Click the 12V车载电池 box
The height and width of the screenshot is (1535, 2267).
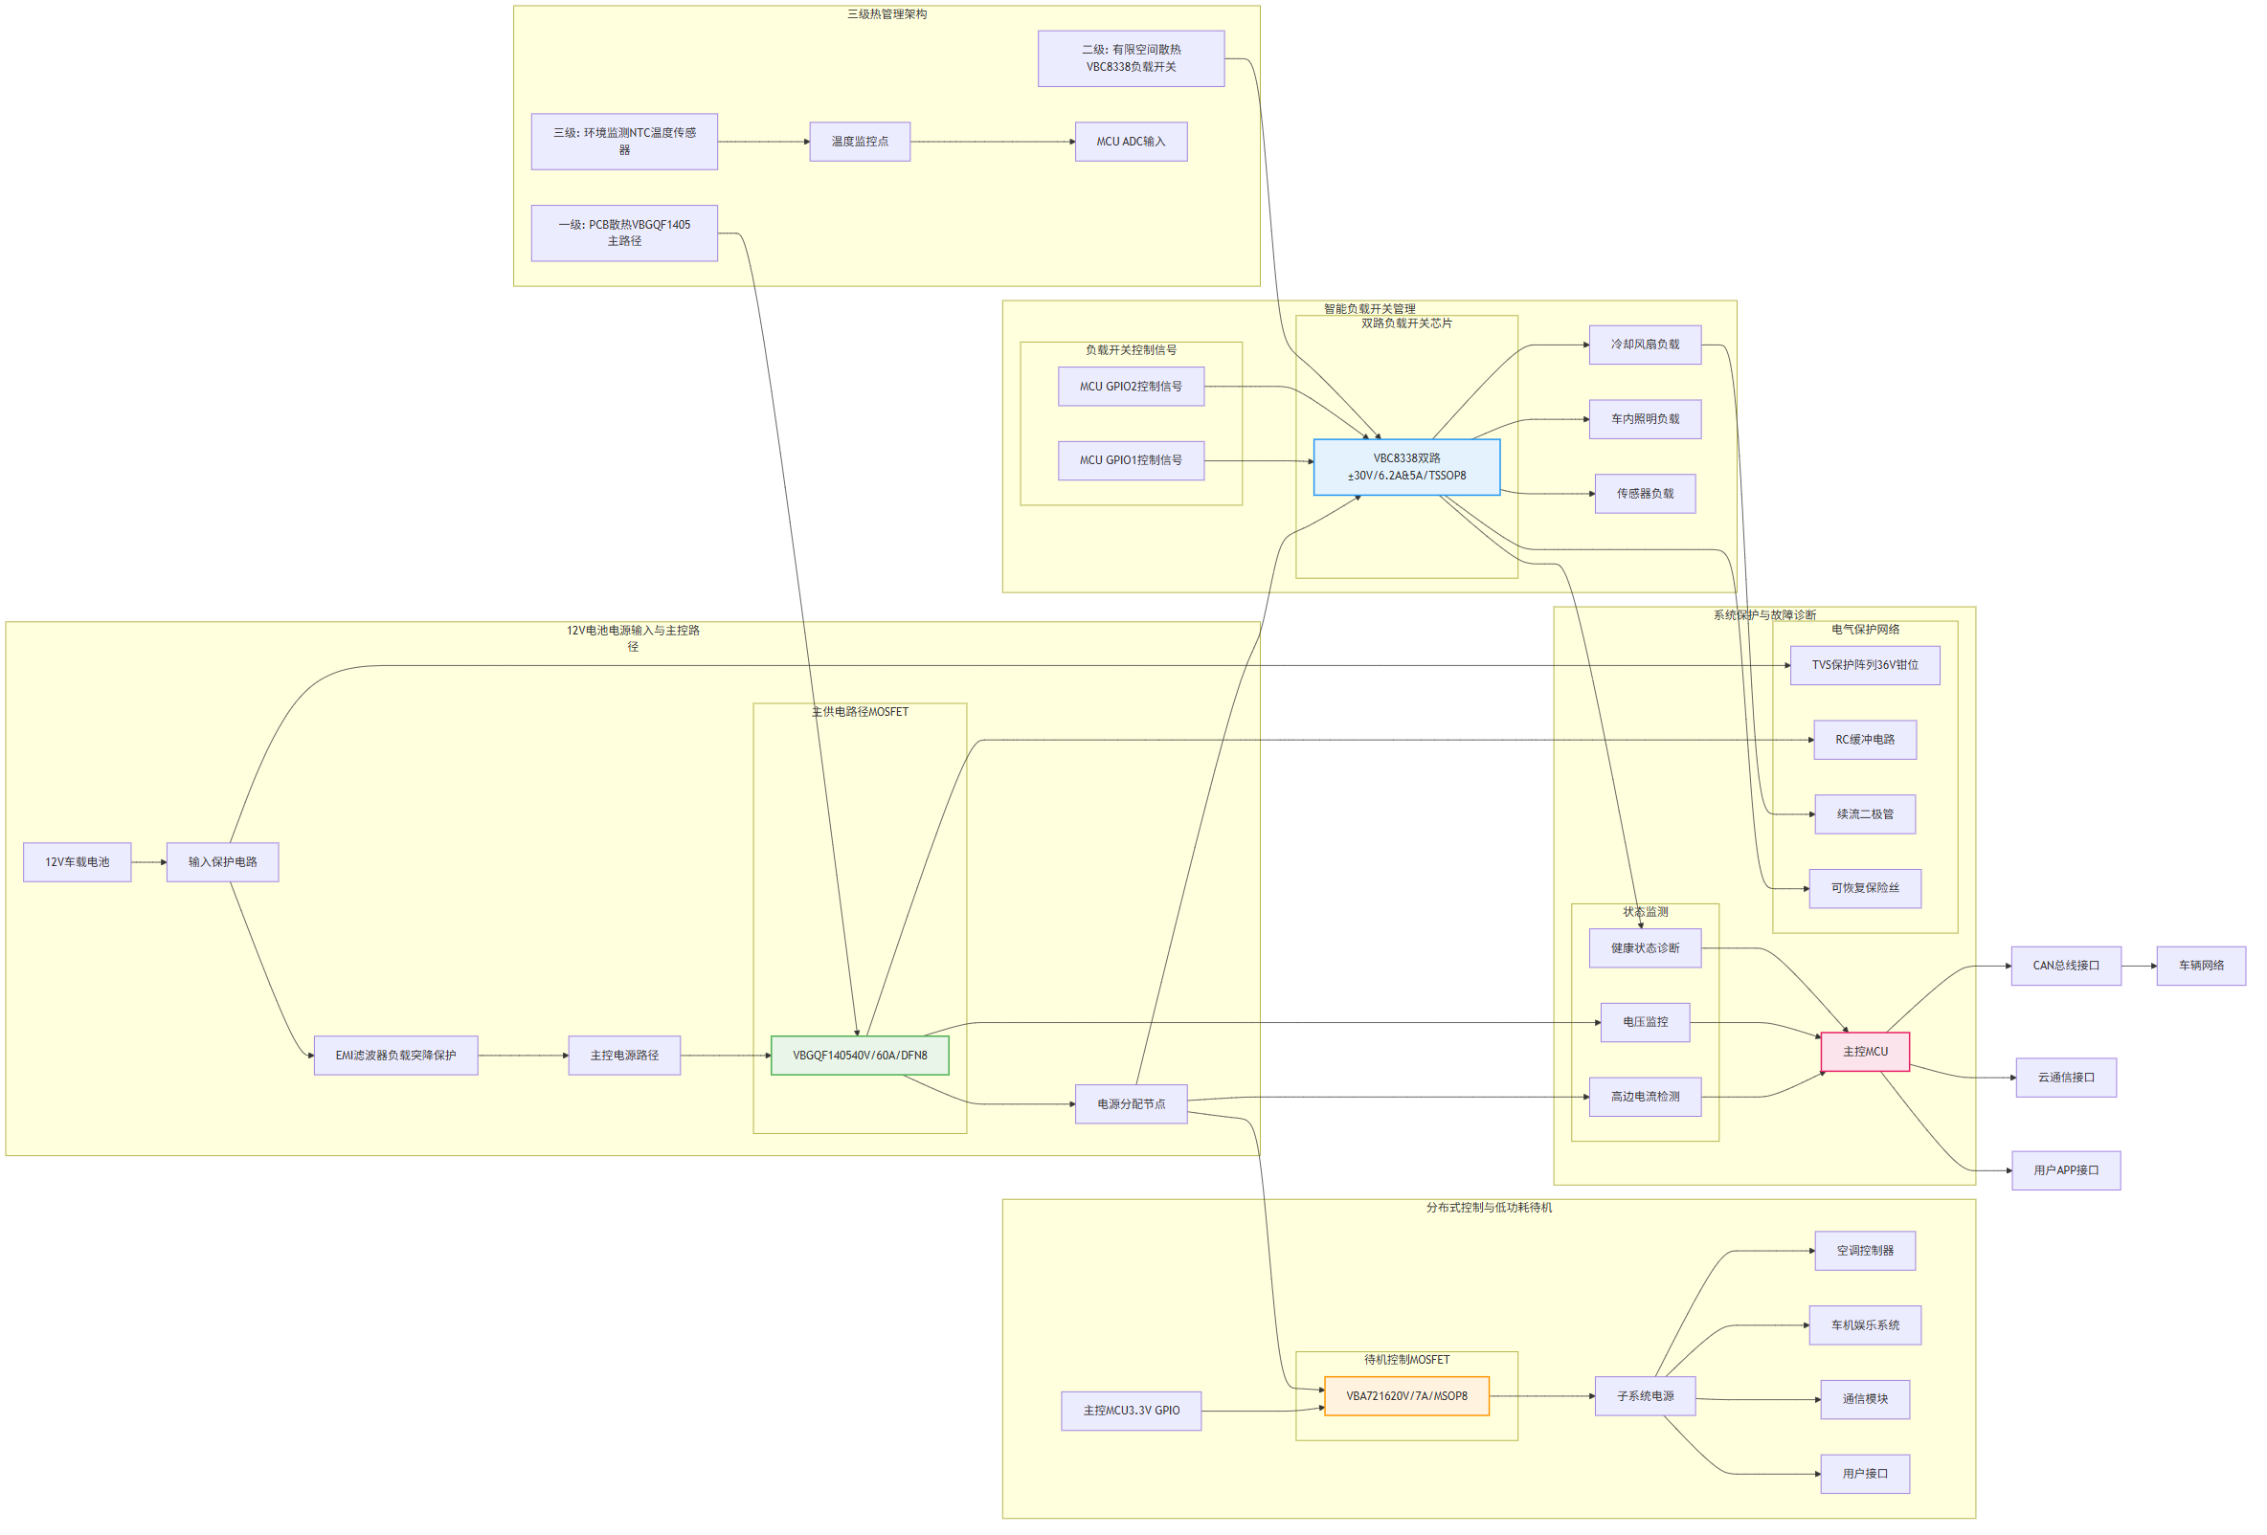click(x=77, y=862)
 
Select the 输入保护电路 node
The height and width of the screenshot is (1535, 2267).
click(x=222, y=862)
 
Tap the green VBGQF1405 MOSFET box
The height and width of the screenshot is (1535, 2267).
click(x=860, y=1056)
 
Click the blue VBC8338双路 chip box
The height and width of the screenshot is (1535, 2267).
click(x=1405, y=467)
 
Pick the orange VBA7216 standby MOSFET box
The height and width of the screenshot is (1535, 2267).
click(x=1405, y=1395)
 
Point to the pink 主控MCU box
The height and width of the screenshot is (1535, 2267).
click(x=1864, y=1052)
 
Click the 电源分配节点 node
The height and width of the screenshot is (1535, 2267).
click(x=1131, y=1104)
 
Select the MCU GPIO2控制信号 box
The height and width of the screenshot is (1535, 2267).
click(x=1131, y=387)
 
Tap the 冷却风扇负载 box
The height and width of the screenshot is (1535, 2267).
click(x=1645, y=345)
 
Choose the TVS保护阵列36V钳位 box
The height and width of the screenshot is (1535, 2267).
click(x=1864, y=665)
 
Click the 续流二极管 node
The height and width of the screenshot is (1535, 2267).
click(x=1864, y=814)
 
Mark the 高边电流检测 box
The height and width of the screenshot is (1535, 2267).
click(x=1645, y=1096)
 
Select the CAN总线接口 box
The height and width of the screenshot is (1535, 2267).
click(x=2065, y=966)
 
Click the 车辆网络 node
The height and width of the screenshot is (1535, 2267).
click(x=2201, y=966)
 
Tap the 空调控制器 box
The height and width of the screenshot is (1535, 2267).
click(x=1864, y=1250)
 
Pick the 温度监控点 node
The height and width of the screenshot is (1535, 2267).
click(x=860, y=142)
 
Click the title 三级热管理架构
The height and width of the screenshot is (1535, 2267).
click(x=887, y=14)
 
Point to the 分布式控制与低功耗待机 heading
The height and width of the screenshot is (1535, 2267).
click(x=1489, y=1208)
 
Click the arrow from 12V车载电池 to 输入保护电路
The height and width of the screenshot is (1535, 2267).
click(x=149, y=862)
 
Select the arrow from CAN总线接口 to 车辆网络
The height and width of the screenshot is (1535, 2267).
click(x=2139, y=966)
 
